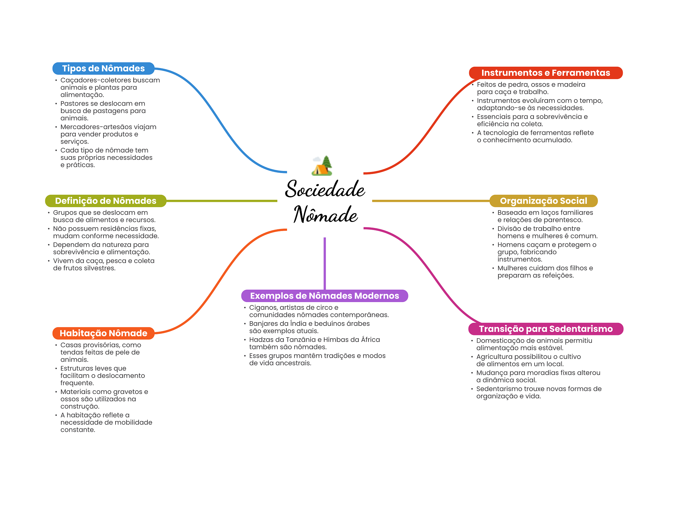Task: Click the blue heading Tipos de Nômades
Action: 103,68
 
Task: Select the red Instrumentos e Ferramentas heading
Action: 545,73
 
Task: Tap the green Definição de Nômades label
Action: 106,201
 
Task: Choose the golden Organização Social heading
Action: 543,201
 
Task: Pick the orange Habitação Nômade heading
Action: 103,333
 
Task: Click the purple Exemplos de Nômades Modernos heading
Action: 324,296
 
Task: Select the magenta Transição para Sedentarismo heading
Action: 545,329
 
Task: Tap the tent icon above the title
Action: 322,166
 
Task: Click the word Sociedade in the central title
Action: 325,189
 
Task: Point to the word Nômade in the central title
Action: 325,215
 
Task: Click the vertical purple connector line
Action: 325,263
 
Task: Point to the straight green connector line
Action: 221,201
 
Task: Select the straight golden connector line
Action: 430,201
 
